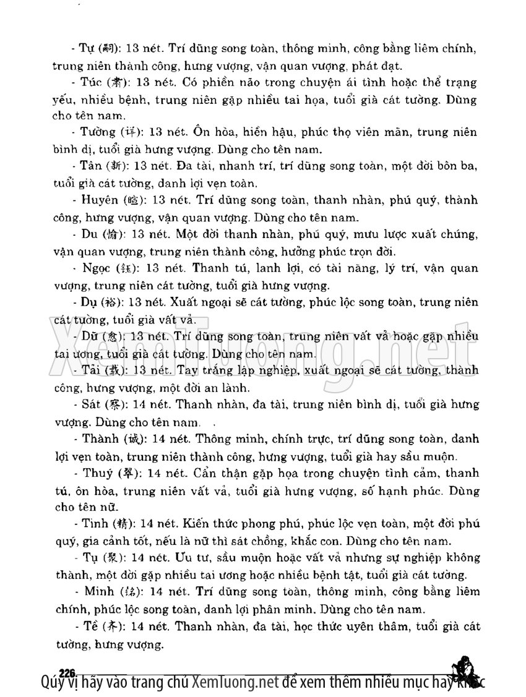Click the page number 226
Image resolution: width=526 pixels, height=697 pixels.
coord(67,672)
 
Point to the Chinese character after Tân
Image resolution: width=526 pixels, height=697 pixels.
coord(116,166)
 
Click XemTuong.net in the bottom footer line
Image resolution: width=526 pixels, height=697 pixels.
coord(233,683)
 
